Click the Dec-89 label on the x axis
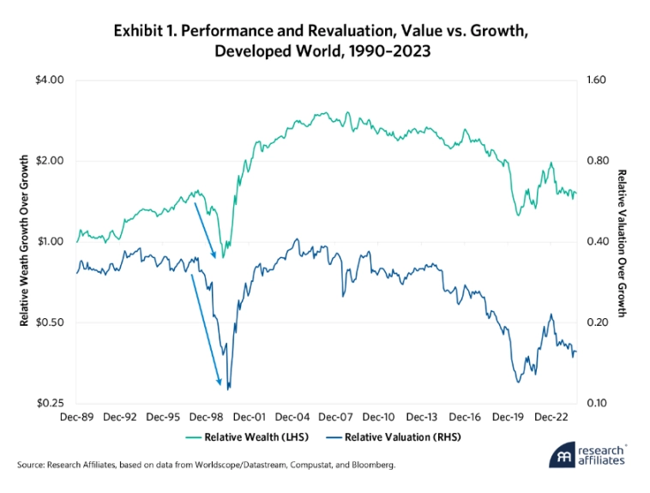pyautogui.click(x=77, y=418)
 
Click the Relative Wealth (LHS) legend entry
pyautogui.click(x=253, y=437)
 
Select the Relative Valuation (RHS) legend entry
pyautogui.click(x=389, y=437)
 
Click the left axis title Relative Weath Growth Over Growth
pyautogui.click(x=25, y=241)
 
